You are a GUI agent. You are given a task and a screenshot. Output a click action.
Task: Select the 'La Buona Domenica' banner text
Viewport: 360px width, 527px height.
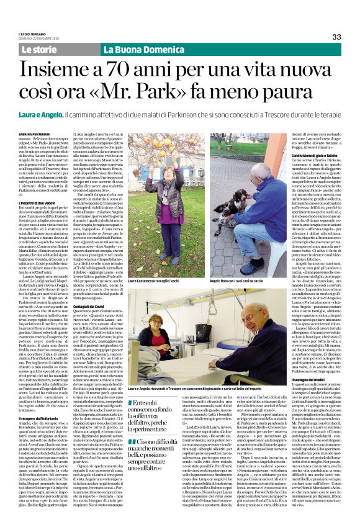pos(137,49)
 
